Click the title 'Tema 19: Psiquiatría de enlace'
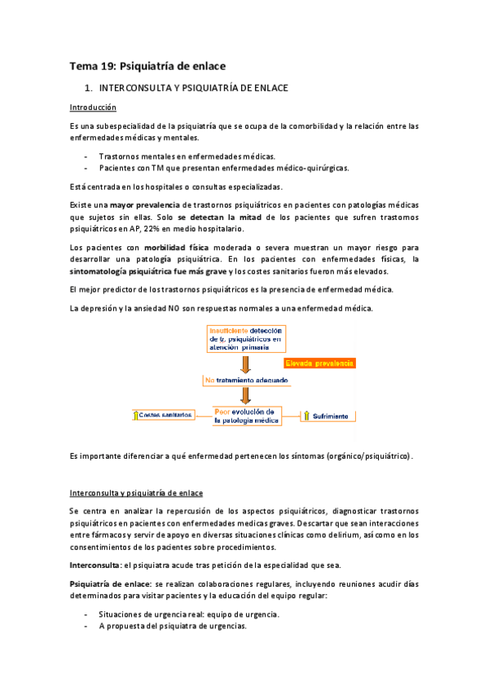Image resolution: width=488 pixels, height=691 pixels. click(147, 65)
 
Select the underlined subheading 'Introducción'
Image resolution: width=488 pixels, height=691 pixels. click(92, 107)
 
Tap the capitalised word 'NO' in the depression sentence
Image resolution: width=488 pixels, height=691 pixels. click(187, 309)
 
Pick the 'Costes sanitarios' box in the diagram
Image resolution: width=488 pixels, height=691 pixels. click(165, 416)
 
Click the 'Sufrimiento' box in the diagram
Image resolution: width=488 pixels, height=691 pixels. click(328, 416)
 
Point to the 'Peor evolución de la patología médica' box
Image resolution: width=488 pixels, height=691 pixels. click(247, 416)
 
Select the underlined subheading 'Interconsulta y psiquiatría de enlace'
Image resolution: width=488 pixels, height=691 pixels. click(136, 493)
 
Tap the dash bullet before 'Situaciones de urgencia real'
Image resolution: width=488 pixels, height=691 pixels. click(86, 614)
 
